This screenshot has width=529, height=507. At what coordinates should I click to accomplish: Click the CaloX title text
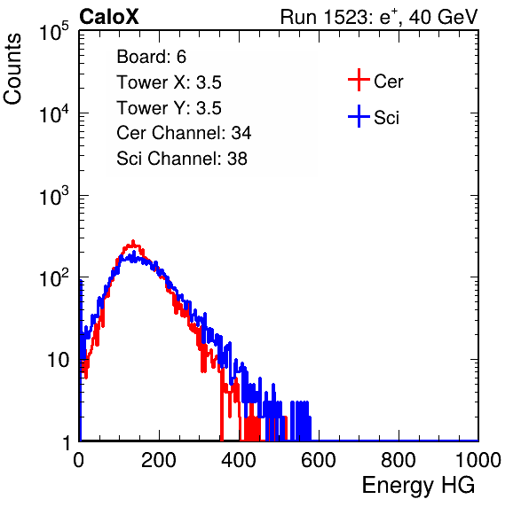pos(108,17)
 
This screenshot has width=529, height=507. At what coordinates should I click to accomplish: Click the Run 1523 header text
pos(379,17)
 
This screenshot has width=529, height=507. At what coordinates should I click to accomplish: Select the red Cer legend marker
pos(359,80)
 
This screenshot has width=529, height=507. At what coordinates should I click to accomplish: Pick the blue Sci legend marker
pos(359,116)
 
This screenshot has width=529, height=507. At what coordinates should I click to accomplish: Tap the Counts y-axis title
pos(12,69)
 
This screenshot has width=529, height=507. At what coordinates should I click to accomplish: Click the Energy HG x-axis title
pos(418,486)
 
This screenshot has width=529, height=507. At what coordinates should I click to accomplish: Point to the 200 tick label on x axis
pos(159,460)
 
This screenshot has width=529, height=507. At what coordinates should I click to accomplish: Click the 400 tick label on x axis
pos(239,460)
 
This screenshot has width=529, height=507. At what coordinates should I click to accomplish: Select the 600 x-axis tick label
pos(319,460)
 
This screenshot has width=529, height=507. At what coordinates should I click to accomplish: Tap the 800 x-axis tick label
pos(399,460)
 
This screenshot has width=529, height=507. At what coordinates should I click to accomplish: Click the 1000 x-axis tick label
pos(478,460)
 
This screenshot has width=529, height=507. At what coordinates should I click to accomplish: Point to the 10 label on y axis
pos(58,360)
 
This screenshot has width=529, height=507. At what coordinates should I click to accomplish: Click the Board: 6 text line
pos(152,57)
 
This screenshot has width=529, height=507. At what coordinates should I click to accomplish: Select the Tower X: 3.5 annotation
pos(169,82)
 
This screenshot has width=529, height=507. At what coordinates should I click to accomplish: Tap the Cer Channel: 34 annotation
pos(184,133)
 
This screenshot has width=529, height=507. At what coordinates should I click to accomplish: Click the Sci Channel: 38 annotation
pos(182,159)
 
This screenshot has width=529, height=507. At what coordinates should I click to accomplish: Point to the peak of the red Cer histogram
pos(133,241)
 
